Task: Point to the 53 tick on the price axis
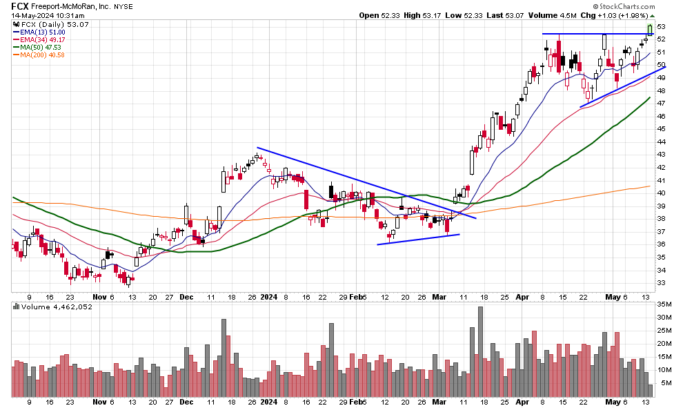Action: pyautogui.click(x=661, y=26)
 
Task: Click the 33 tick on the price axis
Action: pyautogui.click(x=661, y=282)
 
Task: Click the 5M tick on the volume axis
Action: pyautogui.click(x=662, y=383)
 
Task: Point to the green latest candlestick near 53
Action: pyautogui.click(x=649, y=28)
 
